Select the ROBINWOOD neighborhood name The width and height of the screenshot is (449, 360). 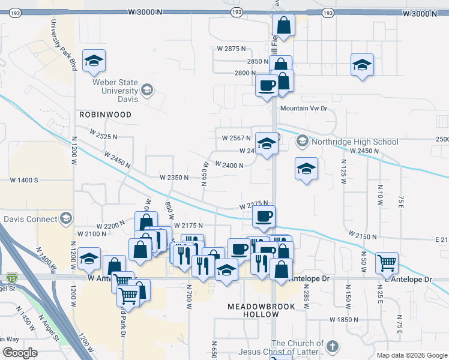click(x=104, y=114)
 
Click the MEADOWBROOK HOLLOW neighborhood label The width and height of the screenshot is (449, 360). click(x=261, y=312)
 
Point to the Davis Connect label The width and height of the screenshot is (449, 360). click(x=30, y=218)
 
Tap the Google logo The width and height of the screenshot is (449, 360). click(x=20, y=353)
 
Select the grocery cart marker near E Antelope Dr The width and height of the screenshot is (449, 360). click(x=387, y=262)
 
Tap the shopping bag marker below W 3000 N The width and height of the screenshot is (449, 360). click(x=284, y=26)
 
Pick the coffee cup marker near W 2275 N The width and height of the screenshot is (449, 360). click(x=264, y=217)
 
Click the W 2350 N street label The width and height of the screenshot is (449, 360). click(x=174, y=178)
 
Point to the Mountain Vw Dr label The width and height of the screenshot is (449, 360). click(x=304, y=109)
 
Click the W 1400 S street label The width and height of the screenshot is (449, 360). click(x=23, y=180)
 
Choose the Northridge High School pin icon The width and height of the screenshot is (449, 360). click(x=302, y=142)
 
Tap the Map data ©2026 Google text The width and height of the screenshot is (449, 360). click(x=412, y=355)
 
